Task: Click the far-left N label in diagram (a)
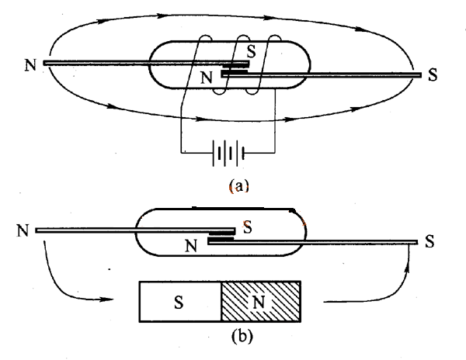[x=30, y=63]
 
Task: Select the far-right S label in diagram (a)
[x=433, y=76]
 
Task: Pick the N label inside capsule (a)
[x=207, y=77]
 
